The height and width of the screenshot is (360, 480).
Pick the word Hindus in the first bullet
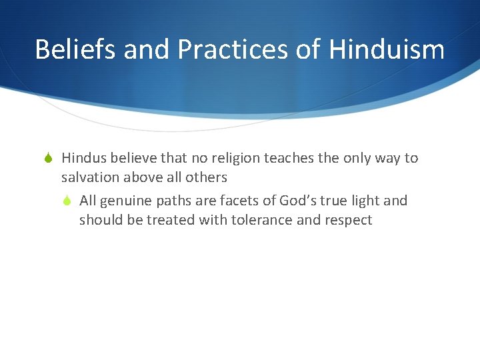(83, 158)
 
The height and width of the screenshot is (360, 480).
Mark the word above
(143, 177)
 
